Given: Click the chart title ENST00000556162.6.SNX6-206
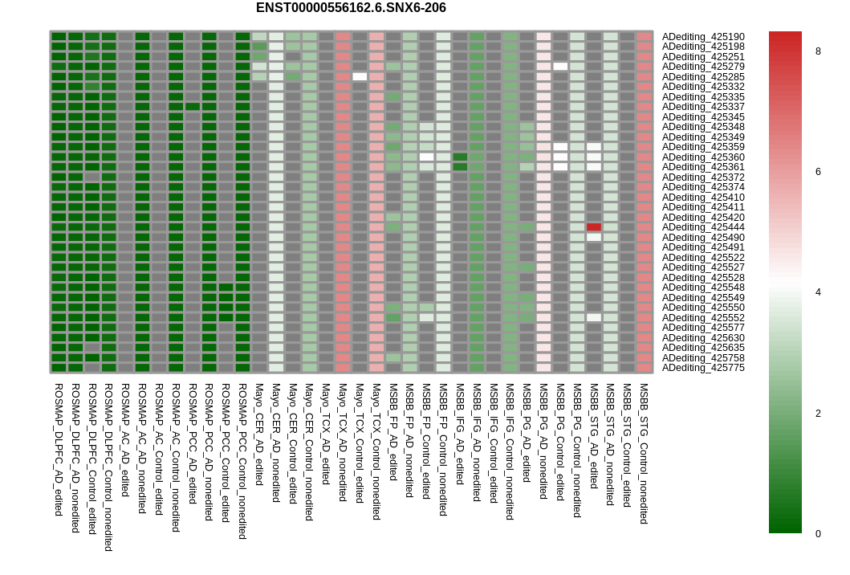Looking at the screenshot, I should pos(351,8).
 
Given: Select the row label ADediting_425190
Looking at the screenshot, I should pos(703,37).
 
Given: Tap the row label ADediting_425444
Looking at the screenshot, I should pos(703,227).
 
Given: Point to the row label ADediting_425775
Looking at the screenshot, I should pos(703,368).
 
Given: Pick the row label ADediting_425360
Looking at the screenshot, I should pos(703,157).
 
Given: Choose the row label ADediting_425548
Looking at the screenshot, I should pos(703,287).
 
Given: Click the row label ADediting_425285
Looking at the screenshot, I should pos(703,77).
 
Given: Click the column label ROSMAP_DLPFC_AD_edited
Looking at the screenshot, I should pos(59,449).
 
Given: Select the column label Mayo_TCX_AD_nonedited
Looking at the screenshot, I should pos(343,442).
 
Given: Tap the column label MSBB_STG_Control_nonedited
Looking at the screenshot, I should pos(644,453).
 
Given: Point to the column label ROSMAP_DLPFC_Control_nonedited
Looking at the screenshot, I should pos(108,467).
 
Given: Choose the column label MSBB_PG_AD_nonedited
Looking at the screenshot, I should pos(543,441).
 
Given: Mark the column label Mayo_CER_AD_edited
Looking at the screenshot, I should pos(259,434).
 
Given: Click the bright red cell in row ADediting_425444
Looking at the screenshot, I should pos(594,227).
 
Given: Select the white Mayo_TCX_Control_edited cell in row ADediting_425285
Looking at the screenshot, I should pos(360,77).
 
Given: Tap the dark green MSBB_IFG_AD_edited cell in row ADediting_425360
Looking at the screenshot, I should pos(460,157).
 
